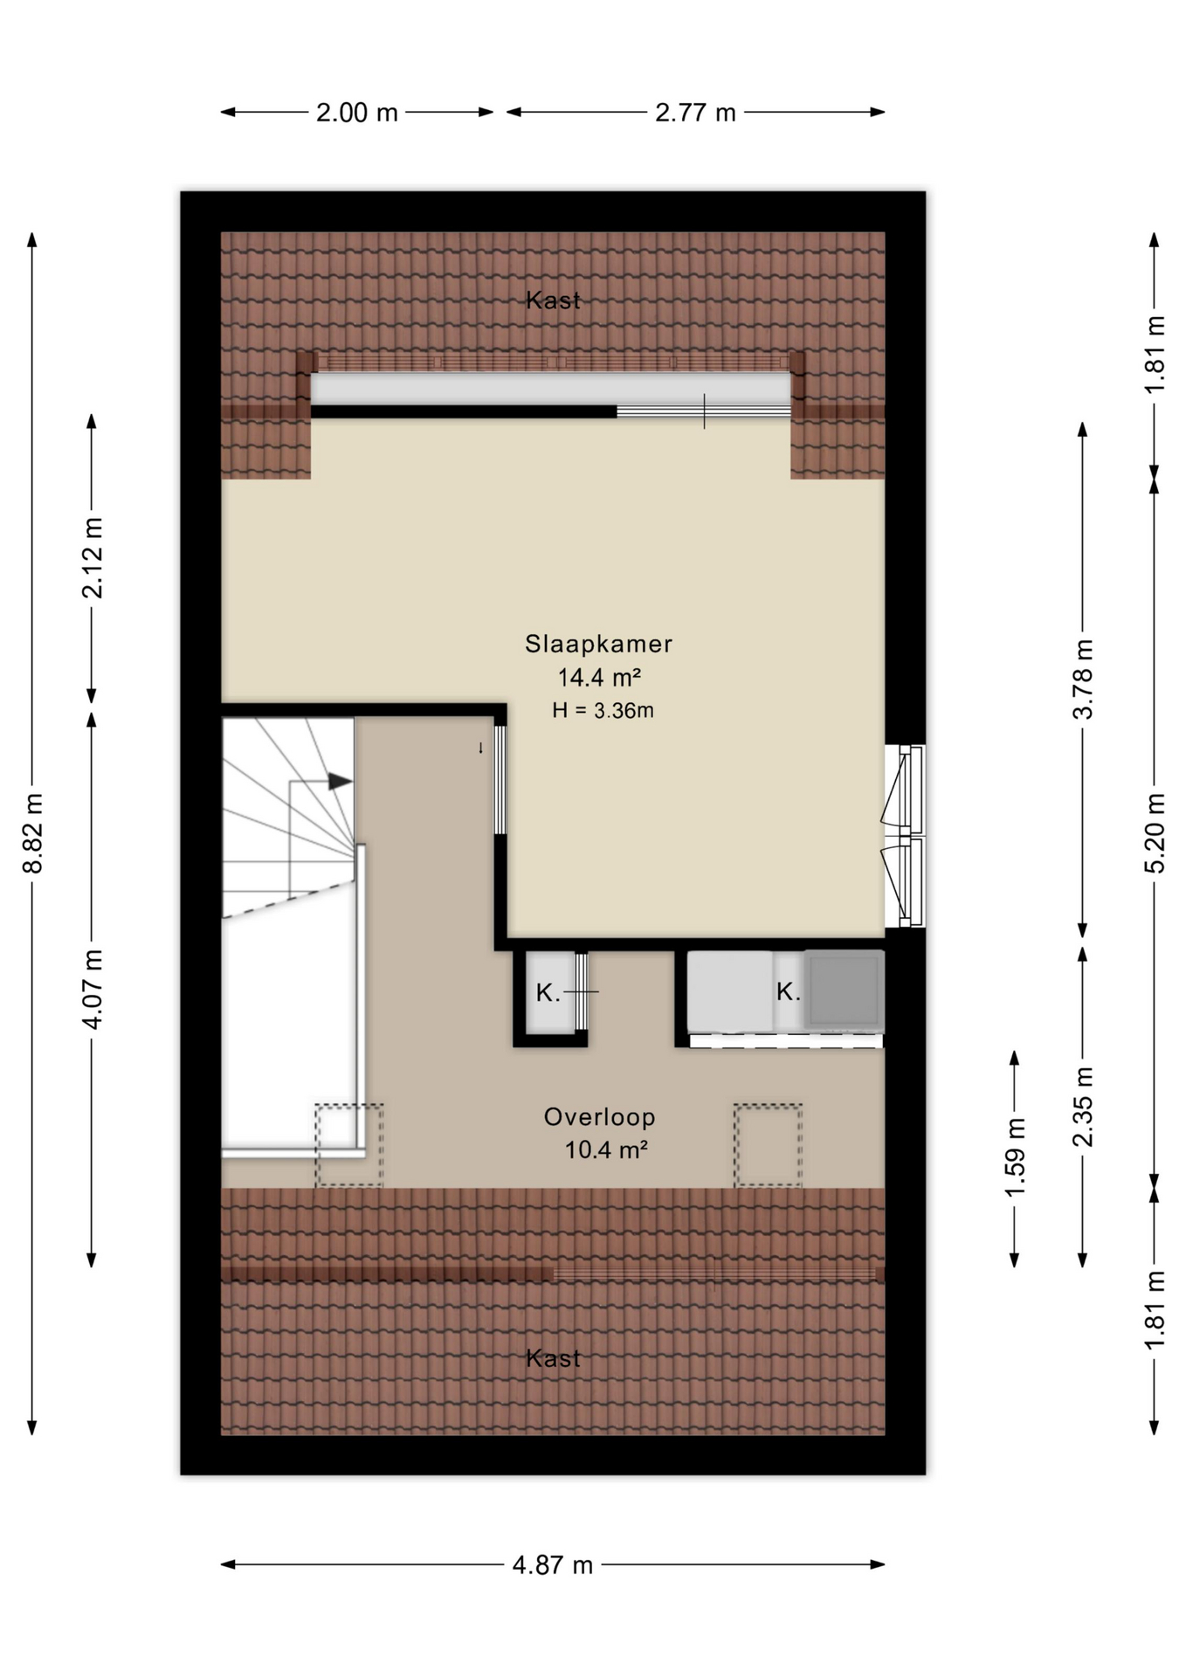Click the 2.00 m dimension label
(x=356, y=113)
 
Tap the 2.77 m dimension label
(x=695, y=113)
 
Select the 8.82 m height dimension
(x=32, y=833)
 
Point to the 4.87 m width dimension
(x=552, y=1564)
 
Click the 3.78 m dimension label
(x=1082, y=679)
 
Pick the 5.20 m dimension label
(x=1155, y=833)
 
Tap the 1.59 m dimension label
(x=1014, y=1158)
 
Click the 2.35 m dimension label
(x=1082, y=1107)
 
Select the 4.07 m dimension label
(x=92, y=989)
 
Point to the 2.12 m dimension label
(x=92, y=557)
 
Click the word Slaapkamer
(x=598, y=644)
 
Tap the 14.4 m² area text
(x=600, y=677)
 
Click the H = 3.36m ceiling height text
(x=603, y=710)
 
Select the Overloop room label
(x=599, y=1117)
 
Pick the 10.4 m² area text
(x=606, y=1149)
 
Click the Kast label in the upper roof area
(x=553, y=300)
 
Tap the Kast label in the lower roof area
(x=553, y=1358)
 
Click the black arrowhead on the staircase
(x=341, y=782)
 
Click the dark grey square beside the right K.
(x=844, y=991)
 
